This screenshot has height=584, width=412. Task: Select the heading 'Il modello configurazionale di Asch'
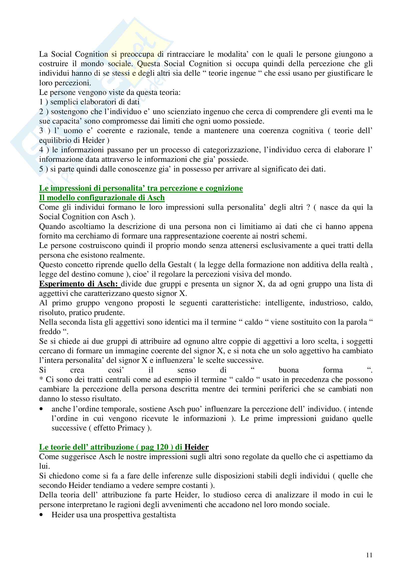102,198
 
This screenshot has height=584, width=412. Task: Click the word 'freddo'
50,332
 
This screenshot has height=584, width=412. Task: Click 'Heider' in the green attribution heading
196,447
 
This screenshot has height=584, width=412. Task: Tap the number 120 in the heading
162,447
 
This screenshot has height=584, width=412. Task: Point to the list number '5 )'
44,169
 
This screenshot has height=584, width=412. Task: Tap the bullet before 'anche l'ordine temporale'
41,409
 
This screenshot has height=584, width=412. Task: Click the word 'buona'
289,370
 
